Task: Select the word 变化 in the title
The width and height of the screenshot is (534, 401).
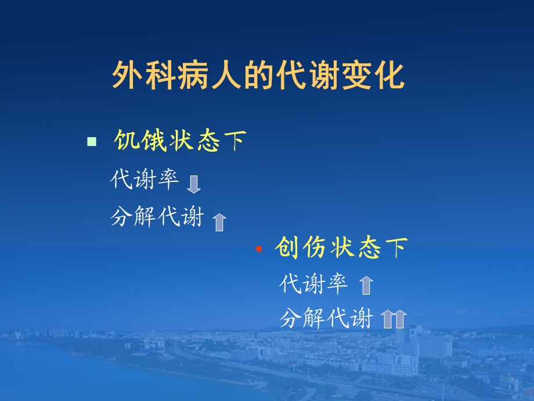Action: coord(374,76)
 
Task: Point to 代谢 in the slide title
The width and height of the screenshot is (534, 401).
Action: coord(306,76)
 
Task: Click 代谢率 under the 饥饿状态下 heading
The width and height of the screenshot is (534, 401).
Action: coord(145,180)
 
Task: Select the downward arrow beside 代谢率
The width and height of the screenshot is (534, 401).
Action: coord(194,184)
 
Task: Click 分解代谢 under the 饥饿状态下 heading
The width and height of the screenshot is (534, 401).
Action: coord(157,217)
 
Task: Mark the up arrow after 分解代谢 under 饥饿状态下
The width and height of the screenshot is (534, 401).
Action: coord(219,221)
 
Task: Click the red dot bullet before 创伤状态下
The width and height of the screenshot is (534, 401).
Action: coord(259,249)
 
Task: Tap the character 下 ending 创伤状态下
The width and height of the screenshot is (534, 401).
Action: coord(396,248)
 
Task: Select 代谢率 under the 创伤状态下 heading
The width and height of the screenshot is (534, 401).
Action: coord(313,284)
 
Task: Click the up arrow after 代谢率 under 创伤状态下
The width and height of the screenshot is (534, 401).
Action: coord(366,285)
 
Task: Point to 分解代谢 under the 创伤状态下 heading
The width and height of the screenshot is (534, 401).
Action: coord(326,318)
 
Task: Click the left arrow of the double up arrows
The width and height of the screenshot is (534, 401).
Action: coord(388,319)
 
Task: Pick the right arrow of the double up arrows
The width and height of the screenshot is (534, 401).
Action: coord(400,319)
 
